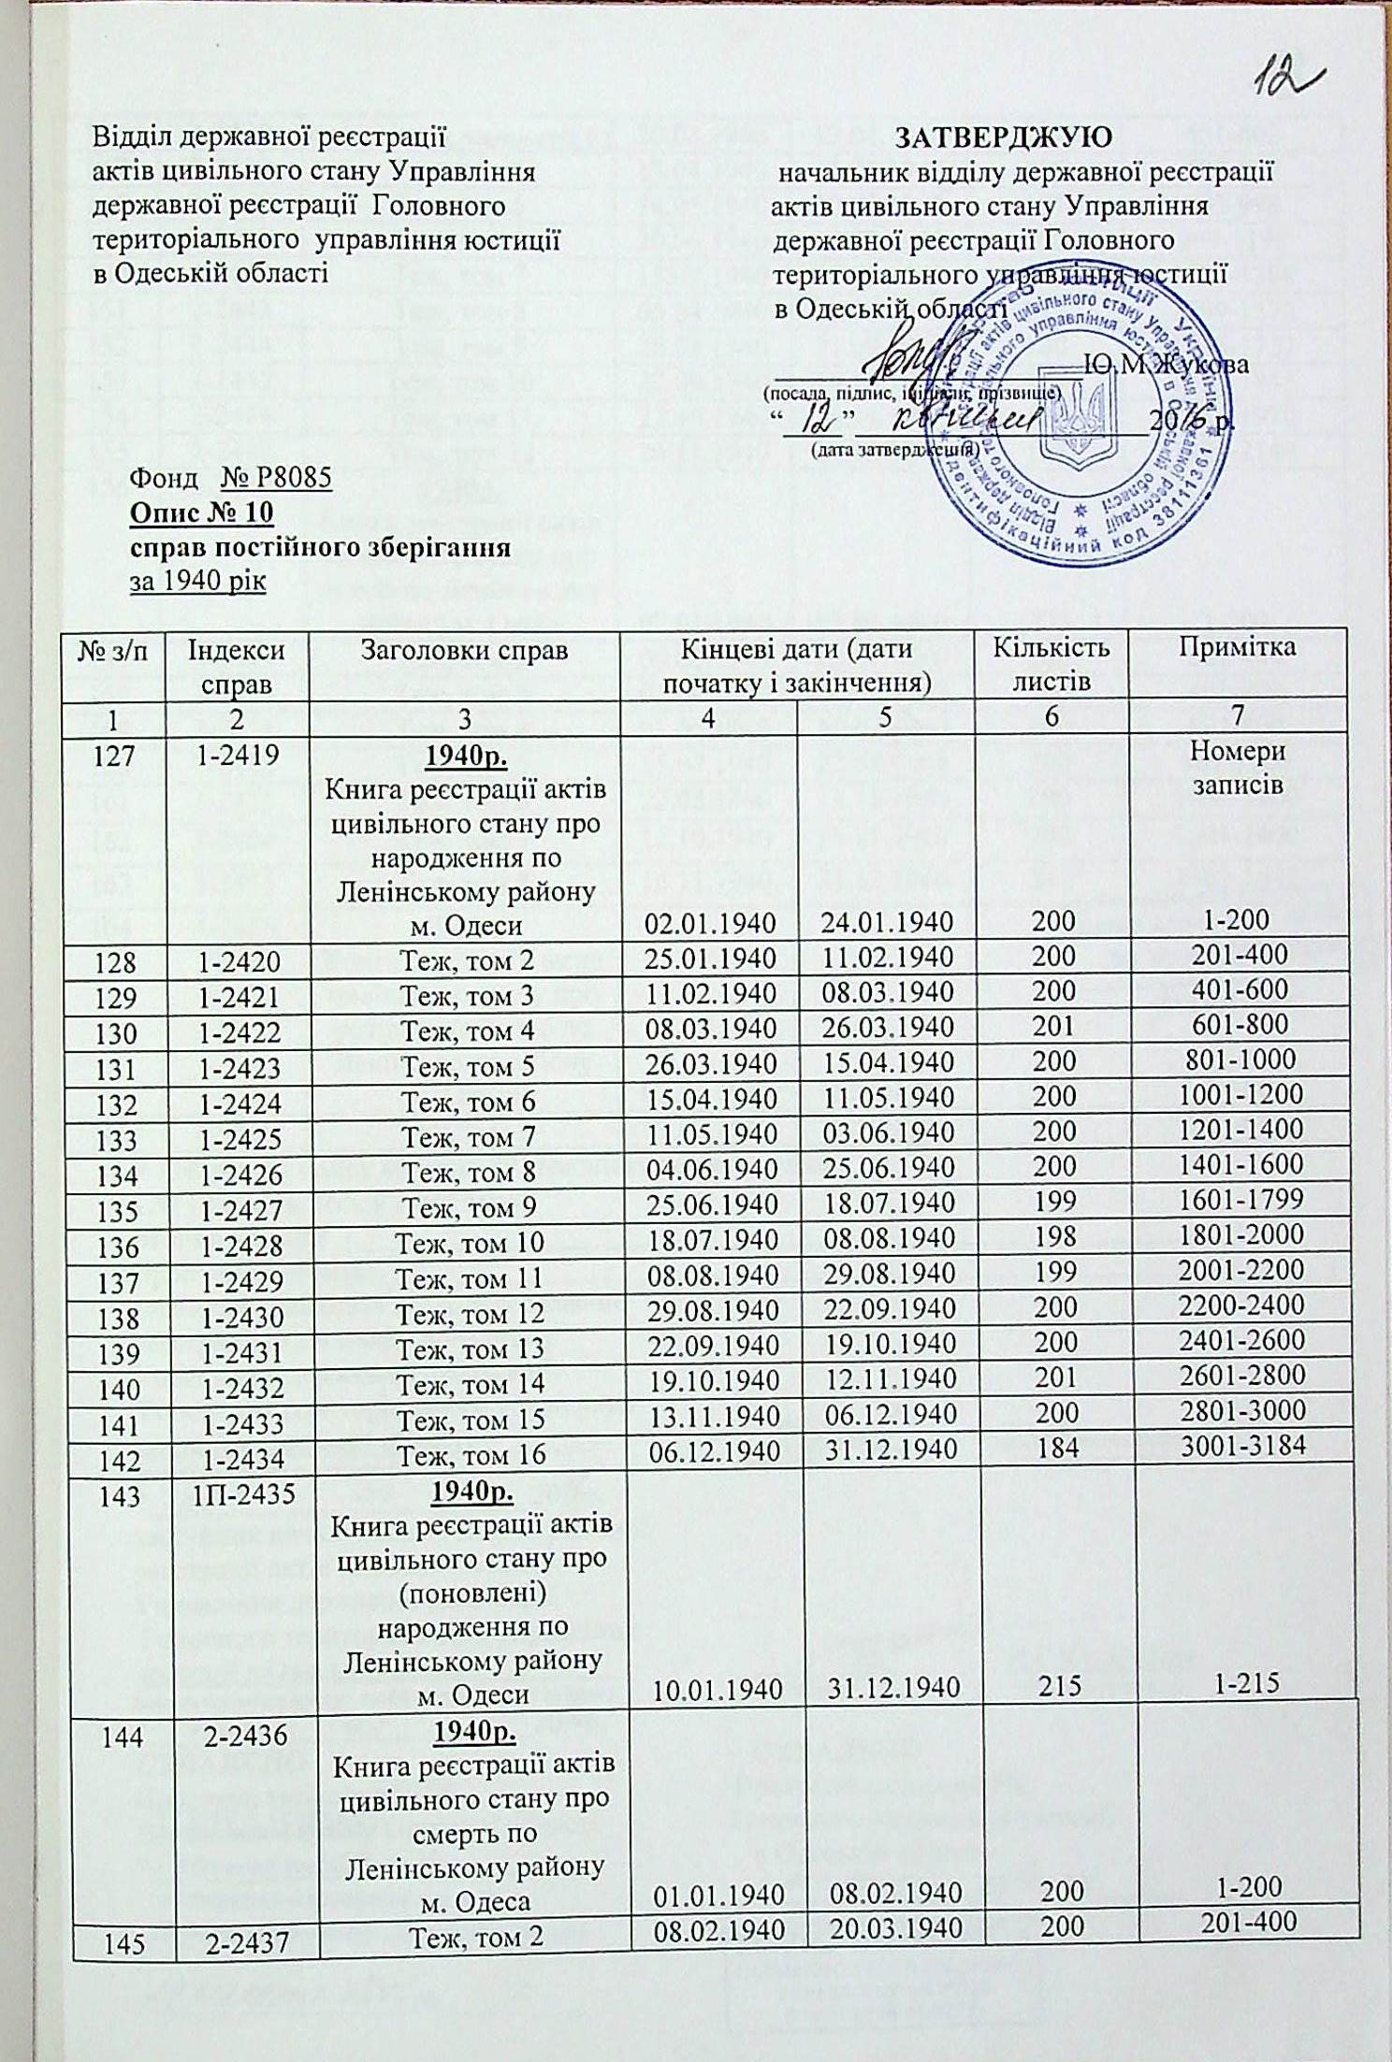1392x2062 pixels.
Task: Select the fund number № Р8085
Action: (276, 480)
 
